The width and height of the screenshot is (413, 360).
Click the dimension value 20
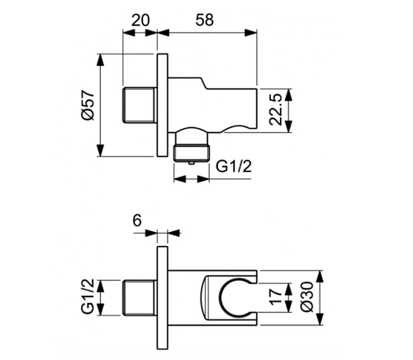click(x=140, y=20)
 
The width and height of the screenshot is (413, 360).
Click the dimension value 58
click(x=205, y=20)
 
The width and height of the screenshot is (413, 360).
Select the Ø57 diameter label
click(x=88, y=105)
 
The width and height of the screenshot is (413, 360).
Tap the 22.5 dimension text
click(x=276, y=109)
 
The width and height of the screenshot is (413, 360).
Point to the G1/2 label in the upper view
click(x=234, y=166)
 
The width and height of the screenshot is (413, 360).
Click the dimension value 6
click(x=137, y=220)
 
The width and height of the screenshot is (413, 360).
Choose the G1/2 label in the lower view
click(x=88, y=296)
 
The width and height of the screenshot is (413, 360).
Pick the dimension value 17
click(x=276, y=296)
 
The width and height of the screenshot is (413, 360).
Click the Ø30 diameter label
click(x=307, y=297)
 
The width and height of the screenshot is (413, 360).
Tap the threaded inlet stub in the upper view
click(x=140, y=105)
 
